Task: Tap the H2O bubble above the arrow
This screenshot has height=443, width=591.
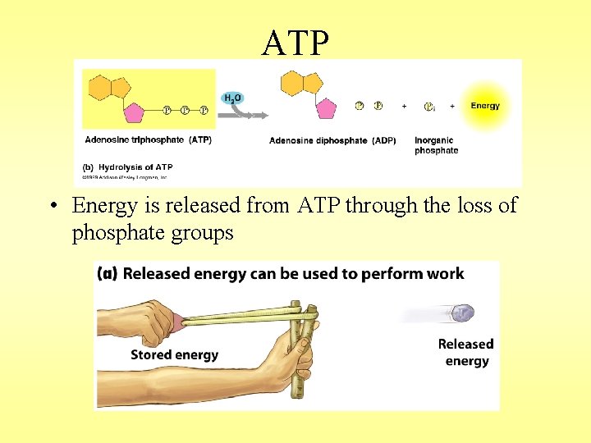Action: click(232, 98)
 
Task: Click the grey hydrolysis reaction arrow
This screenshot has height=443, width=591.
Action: click(247, 116)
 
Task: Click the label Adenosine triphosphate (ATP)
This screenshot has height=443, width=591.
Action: click(148, 140)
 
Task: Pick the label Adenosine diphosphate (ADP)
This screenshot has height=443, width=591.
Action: click(332, 140)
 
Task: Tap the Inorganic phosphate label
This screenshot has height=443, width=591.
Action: click(436, 145)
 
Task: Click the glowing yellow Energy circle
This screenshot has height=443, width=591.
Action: click(484, 106)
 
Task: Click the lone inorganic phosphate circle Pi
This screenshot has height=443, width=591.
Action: click(428, 106)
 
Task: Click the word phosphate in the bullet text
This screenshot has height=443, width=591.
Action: click(112, 233)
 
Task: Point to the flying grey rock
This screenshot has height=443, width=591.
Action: click(464, 313)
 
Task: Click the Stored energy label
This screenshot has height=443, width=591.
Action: click(174, 354)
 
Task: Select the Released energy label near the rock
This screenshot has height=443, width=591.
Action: click(465, 353)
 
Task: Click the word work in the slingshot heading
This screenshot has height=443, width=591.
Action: click(445, 274)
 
